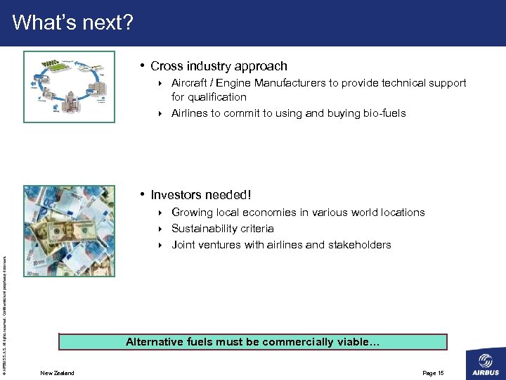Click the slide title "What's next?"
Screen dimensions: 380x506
72,23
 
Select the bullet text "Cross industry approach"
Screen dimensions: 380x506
219,66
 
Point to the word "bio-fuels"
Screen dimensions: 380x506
381,113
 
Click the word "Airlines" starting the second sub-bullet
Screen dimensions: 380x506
188,113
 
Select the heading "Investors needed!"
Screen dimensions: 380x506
201,195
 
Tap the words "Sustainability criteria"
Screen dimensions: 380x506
223,229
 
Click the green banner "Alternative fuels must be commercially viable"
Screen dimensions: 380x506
253,342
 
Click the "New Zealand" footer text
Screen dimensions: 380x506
57,372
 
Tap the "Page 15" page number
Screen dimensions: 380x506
433,372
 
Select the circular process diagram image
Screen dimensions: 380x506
69,87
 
